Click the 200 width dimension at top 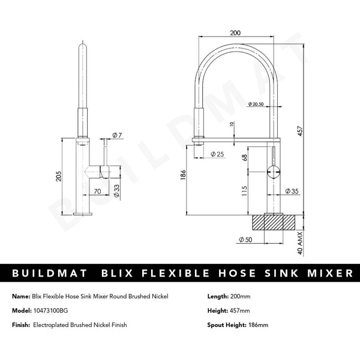coord(235,34)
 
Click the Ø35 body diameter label coord(292,191)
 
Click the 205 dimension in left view coord(58,175)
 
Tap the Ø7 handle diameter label coord(116,136)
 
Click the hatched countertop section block coord(274,221)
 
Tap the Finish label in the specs coord(21,325)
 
